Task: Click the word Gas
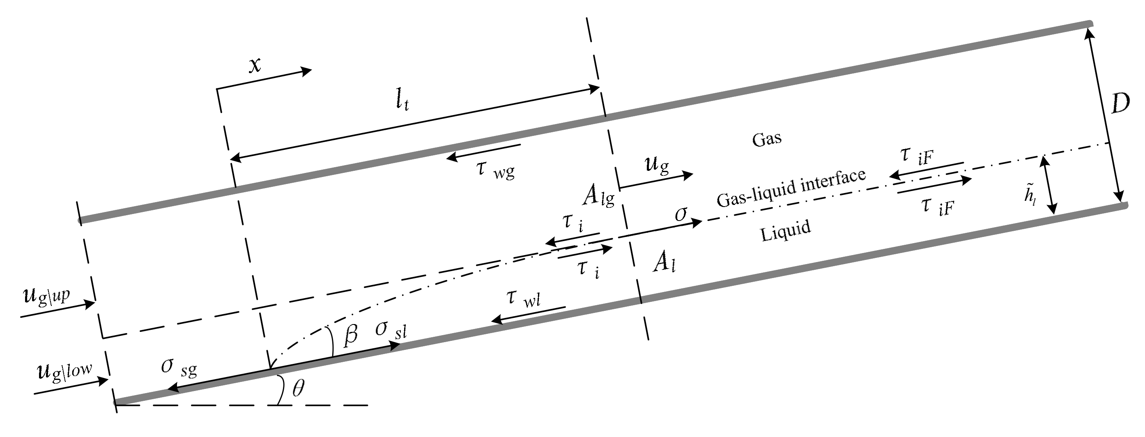click(x=766, y=139)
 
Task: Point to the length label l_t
click(x=402, y=101)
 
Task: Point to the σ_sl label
click(x=390, y=330)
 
